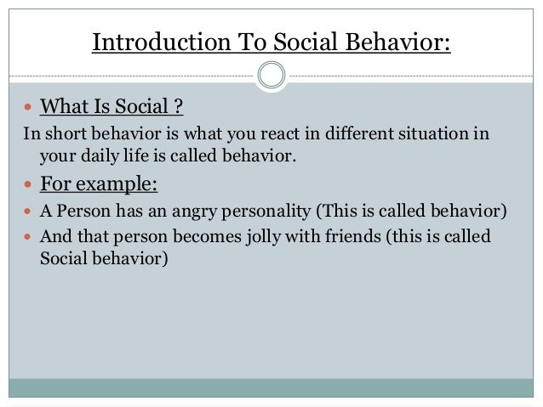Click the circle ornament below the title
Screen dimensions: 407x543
[x=271, y=75]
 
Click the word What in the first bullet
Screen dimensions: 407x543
[x=61, y=108]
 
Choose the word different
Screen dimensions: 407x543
[x=353, y=135]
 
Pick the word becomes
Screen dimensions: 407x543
[x=187, y=236]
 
